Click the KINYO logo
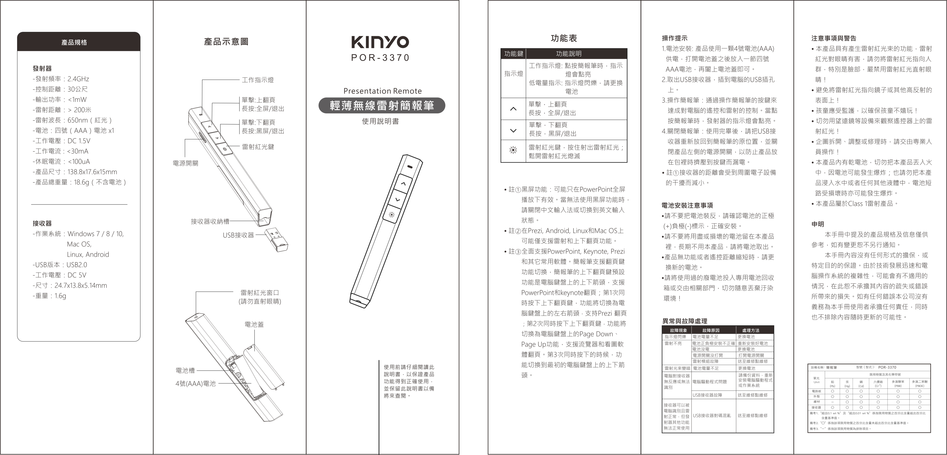coord(380,42)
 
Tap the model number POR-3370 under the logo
coord(380,58)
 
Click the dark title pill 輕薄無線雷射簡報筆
coord(382,106)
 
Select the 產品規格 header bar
coord(79,42)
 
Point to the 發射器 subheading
coord(42,68)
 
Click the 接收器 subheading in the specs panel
coord(42,223)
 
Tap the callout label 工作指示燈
coord(257,80)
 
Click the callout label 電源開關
coord(185,163)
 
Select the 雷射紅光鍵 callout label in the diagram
coord(258,147)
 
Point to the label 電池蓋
coord(254,325)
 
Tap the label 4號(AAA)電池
coord(196,383)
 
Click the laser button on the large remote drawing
coord(392,214)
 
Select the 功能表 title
coord(563,38)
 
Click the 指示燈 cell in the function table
coord(513,74)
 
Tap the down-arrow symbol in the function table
coord(513,130)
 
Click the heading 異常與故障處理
coord(684,321)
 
